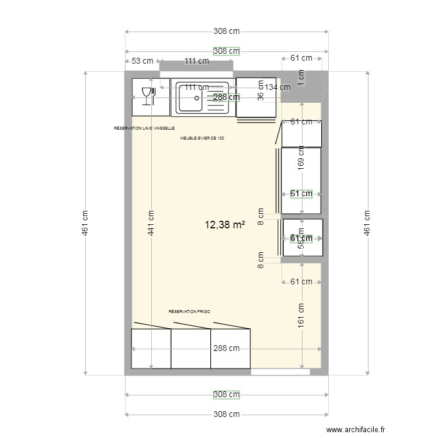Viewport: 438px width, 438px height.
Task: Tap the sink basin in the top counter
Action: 190,97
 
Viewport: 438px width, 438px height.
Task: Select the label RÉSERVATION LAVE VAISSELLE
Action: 144,128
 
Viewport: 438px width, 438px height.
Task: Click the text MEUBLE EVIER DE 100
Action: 202,138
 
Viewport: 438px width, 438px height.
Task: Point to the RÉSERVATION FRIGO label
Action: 189,312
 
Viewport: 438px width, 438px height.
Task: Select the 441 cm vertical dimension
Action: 151,223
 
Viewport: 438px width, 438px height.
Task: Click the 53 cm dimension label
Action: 142,61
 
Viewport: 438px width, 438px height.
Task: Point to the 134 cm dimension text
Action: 277,88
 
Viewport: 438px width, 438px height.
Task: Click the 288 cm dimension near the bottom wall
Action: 226,349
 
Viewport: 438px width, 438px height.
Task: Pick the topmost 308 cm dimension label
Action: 226,32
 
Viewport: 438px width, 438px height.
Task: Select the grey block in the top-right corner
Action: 304,87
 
